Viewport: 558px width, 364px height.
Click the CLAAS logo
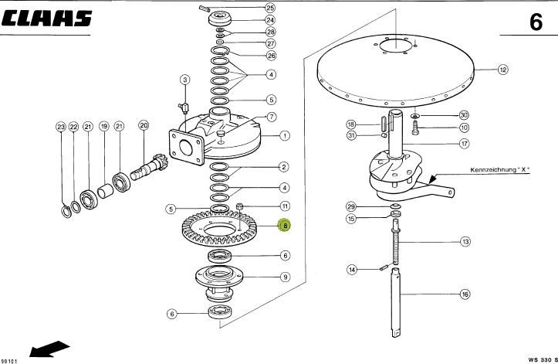(x=46, y=19)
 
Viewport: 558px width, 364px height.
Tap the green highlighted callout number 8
(x=285, y=226)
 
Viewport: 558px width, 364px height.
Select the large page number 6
(x=536, y=22)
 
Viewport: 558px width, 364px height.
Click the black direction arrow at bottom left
(x=49, y=349)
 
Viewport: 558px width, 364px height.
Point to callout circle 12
(x=502, y=69)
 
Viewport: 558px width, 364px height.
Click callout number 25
(x=270, y=8)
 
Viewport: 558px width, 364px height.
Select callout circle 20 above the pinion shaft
(x=144, y=125)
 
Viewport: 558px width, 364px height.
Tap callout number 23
(x=61, y=127)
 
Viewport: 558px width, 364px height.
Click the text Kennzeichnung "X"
(x=500, y=170)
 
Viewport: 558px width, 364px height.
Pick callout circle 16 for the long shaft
(x=465, y=294)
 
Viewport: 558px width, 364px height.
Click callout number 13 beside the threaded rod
(x=465, y=242)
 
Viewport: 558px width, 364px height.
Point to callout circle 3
(x=184, y=80)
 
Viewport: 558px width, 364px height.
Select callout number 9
(x=285, y=277)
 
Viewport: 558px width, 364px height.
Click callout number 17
(x=465, y=144)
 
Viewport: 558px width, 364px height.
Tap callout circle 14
(x=352, y=270)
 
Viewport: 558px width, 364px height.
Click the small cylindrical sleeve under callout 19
(x=105, y=190)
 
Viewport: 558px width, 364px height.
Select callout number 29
(x=351, y=207)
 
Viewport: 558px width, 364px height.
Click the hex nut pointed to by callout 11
(x=240, y=206)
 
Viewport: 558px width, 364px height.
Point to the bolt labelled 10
(x=415, y=128)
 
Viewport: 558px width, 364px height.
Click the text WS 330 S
(x=543, y=359)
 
